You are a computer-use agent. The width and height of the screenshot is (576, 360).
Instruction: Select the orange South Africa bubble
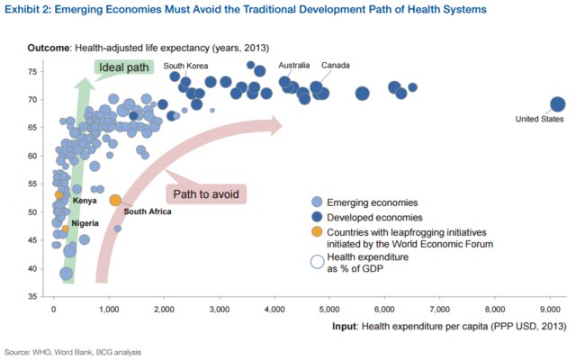coord(115,200)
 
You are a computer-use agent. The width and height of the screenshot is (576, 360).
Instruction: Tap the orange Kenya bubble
coord(59,194)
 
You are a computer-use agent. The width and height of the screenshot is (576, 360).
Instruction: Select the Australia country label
coord(294,65)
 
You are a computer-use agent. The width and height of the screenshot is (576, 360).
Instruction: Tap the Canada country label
coord(336,65)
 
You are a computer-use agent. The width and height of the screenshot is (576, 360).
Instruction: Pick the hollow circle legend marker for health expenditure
coord(316,262)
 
